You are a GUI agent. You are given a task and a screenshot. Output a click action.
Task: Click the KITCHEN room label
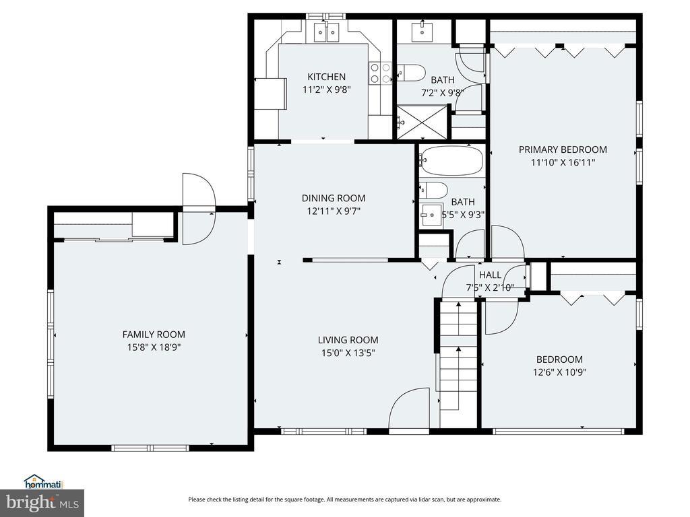point(326,77)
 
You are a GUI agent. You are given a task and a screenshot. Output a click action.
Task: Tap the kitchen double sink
point(327,32)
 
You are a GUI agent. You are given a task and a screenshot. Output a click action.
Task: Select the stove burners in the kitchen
point(380,73)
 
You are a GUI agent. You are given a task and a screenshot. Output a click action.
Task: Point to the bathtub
point(451,160)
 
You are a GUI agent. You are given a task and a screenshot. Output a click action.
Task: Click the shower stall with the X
point(422,122)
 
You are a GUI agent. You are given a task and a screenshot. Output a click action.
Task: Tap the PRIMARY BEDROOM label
point(563,149)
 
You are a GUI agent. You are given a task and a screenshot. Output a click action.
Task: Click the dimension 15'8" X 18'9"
point(154,347)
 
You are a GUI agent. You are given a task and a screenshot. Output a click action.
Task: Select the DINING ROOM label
point(334,199)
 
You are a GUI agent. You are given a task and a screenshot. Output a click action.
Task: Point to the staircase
point(458,363)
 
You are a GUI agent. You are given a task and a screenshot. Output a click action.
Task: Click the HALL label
point(490,275)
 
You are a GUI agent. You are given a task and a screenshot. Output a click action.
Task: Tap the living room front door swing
point(409,408)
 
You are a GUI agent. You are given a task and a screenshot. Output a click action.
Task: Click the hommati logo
point(43,482)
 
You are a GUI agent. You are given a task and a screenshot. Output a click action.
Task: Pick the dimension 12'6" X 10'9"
point(559,372)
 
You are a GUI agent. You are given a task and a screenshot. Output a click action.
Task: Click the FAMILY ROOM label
point(154,335)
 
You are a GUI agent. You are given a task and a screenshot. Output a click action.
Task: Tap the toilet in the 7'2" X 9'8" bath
point(412,73)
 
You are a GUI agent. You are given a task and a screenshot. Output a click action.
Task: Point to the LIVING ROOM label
point(348,340)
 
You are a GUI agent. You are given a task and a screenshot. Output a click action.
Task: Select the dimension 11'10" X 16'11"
point(563,163)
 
